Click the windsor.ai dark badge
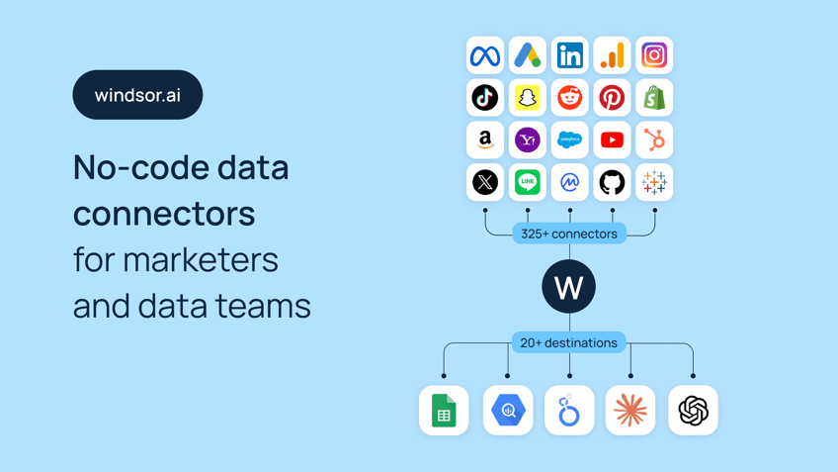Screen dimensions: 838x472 point(137,95)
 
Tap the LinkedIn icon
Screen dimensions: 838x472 point(570,55)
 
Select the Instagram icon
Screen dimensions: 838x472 point(654,55)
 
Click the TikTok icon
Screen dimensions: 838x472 point(485,97)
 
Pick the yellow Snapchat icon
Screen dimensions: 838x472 point(528,97)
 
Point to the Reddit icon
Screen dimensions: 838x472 point(570,97)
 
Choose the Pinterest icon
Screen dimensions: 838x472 point(612,97)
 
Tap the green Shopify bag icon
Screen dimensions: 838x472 point(654,97)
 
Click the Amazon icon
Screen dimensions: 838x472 point(485,140)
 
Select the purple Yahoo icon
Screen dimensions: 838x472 point(528,140)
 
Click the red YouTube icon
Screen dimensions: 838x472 point(612,140)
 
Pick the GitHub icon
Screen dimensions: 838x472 point(612,182)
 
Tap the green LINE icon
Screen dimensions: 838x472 point(528,182)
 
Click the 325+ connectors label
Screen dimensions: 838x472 point(569,234)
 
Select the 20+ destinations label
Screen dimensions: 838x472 point(568,342)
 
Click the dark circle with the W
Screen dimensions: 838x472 point(568,286)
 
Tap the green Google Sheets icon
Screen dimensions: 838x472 point(444,411)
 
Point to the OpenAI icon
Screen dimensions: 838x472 point(693,411)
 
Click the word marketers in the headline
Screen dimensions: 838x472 point(201,260)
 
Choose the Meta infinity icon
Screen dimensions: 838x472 point(485,55)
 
